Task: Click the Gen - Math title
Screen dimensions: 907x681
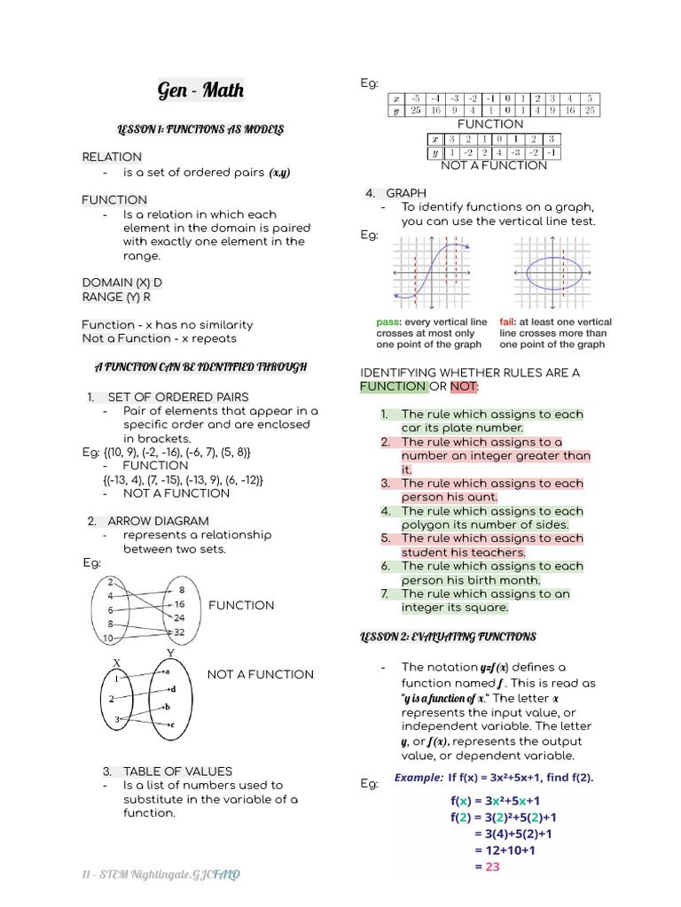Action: (x=200, y=90)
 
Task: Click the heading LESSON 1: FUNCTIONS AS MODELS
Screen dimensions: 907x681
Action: (x=200, y=130)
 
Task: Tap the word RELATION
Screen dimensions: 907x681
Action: (x=112, y=157)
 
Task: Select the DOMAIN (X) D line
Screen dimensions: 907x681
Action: (x=122, y=283)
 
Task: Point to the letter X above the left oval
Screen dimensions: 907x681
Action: (x=116, y=662)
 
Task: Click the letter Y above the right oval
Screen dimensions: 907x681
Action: (x=170, y=654)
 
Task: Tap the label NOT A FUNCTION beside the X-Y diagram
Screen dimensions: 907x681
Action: (x=260, y=674)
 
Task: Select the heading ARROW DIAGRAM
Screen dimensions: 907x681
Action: (x=158, y=521)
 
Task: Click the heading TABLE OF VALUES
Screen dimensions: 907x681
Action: (x=177, y=771)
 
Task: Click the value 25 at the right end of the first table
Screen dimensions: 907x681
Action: (x=591, y=111)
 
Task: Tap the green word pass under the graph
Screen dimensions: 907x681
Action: (x=389, y=322)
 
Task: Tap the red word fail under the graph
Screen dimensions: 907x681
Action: (x=507, y=322)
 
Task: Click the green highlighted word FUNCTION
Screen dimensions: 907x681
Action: (x=393, y=386)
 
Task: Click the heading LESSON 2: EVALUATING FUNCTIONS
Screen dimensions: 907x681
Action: (x=448, y=637)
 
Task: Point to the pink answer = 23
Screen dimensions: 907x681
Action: (x=487, y=866)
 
